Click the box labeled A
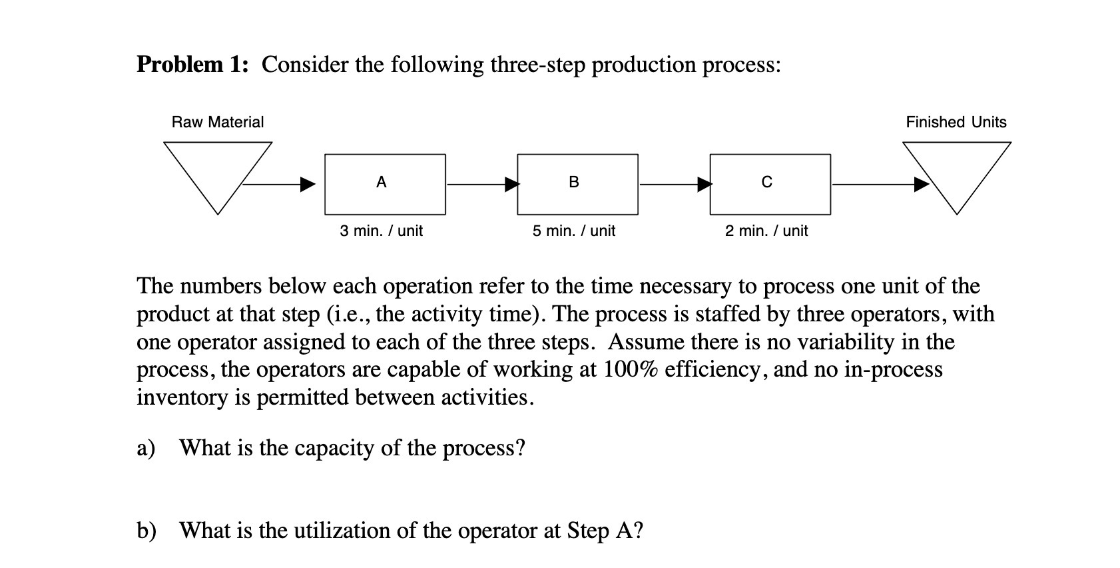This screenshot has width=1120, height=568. click(x=385, y=185)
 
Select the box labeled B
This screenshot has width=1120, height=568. click(x=577, y=185)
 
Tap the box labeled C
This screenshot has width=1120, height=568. click(x=770, y=185)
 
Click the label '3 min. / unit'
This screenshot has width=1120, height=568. click(x=381, y=231)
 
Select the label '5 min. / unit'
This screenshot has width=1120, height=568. click(x=573, y=231)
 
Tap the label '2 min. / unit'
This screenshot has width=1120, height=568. click(x=766, y=231)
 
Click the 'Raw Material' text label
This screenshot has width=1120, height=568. click(x=218, y=122)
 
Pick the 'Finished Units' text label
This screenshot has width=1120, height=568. click(x=956, y=122)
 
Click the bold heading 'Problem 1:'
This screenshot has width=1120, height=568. click(x=193, y=65)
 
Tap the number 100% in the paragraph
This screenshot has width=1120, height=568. click(x=631, y=369)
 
